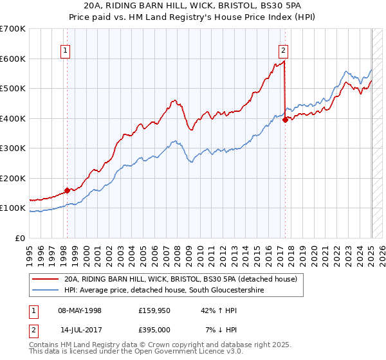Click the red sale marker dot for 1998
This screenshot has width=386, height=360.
67,190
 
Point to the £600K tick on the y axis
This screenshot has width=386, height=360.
13,59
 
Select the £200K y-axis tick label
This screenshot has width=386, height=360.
13,178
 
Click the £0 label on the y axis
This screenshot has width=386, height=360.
19,238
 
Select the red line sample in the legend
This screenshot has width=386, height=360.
46,280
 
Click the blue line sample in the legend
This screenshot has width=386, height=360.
46,291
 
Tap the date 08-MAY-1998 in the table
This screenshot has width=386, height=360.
80,310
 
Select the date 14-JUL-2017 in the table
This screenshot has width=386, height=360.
80,330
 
